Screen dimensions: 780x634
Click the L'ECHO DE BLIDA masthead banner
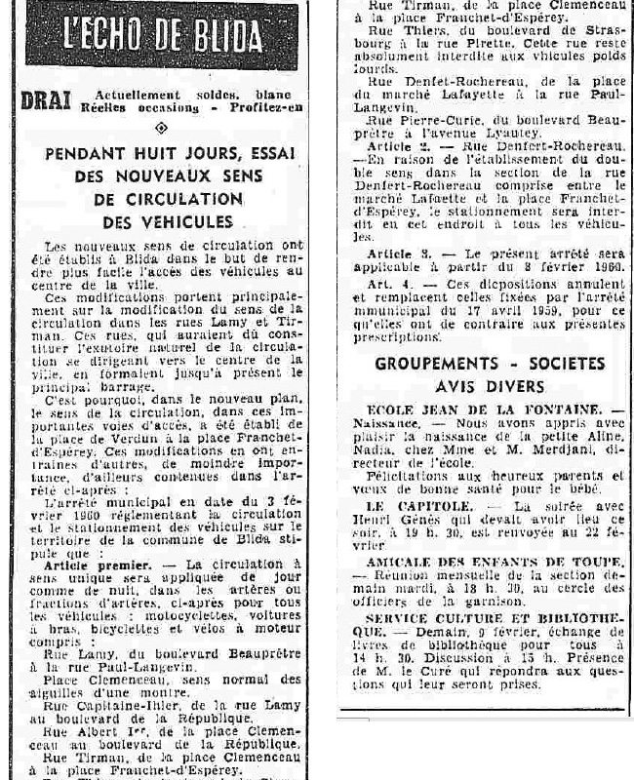click(163, 39)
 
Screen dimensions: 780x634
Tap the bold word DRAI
click(43, 98)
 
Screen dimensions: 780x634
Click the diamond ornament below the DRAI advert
click(161, 127)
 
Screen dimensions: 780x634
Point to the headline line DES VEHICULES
click(163, 221)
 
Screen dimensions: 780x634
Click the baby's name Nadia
click(384, 451)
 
